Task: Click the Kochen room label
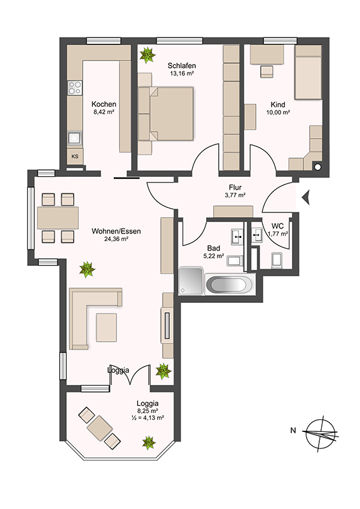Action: pyautogui.click(x=104, y=104)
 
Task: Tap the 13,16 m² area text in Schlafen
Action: pyautogui.click(x=182, y=73)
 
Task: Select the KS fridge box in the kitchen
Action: pyautogui.click(x=75, y=157)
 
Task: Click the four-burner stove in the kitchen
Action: pyautogui.click(x=74, y=88)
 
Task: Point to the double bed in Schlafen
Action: pyautogui.click(x=166, y=114)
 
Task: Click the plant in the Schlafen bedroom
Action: pyautogui.click(x=148, y=55)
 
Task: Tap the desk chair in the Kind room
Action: pyautogui.click(x=267, y=72)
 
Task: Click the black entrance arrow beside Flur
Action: pyautogui.click(x=306, y=197)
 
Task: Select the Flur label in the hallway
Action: pyautogui.click(x=235, y=188)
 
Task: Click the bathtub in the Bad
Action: pyautogui.click(x=230, y=284)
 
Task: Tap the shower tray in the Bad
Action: pyautogui.click(x=191, y=281)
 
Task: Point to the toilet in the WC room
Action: pyautogui.click(x=277, y=260)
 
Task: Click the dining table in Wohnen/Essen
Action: pyautogui.click(x=58, y=218)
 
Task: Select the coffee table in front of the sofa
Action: pyautogui.click(x=106, y=327)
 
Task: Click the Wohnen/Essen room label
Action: pyautogui.click(x=116, y=232)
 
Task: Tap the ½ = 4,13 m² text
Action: pyautogui.click(x=148, y=418)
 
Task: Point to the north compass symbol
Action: pyautogui.click(x=321, y=433)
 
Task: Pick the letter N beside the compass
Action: pyautogui.click(x=293, y=431)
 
